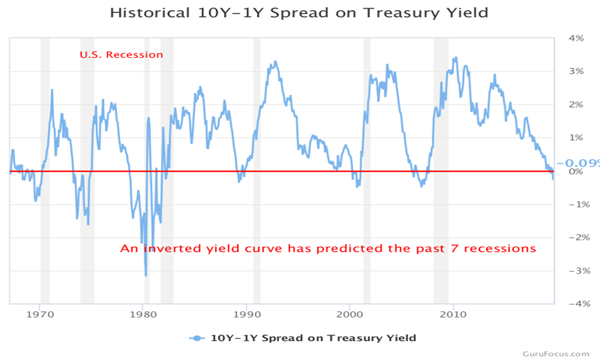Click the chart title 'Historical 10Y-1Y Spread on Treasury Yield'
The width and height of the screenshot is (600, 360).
click(299, 12)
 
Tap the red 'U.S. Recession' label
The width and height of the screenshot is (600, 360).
click(121, 55)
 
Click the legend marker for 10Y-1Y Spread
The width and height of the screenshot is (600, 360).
click(197, 338)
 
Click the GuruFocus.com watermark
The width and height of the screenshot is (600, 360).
click(556, 354)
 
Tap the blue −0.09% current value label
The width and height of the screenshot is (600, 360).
click(579, 163)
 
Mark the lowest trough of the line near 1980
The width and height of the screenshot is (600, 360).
click(146, 275)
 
